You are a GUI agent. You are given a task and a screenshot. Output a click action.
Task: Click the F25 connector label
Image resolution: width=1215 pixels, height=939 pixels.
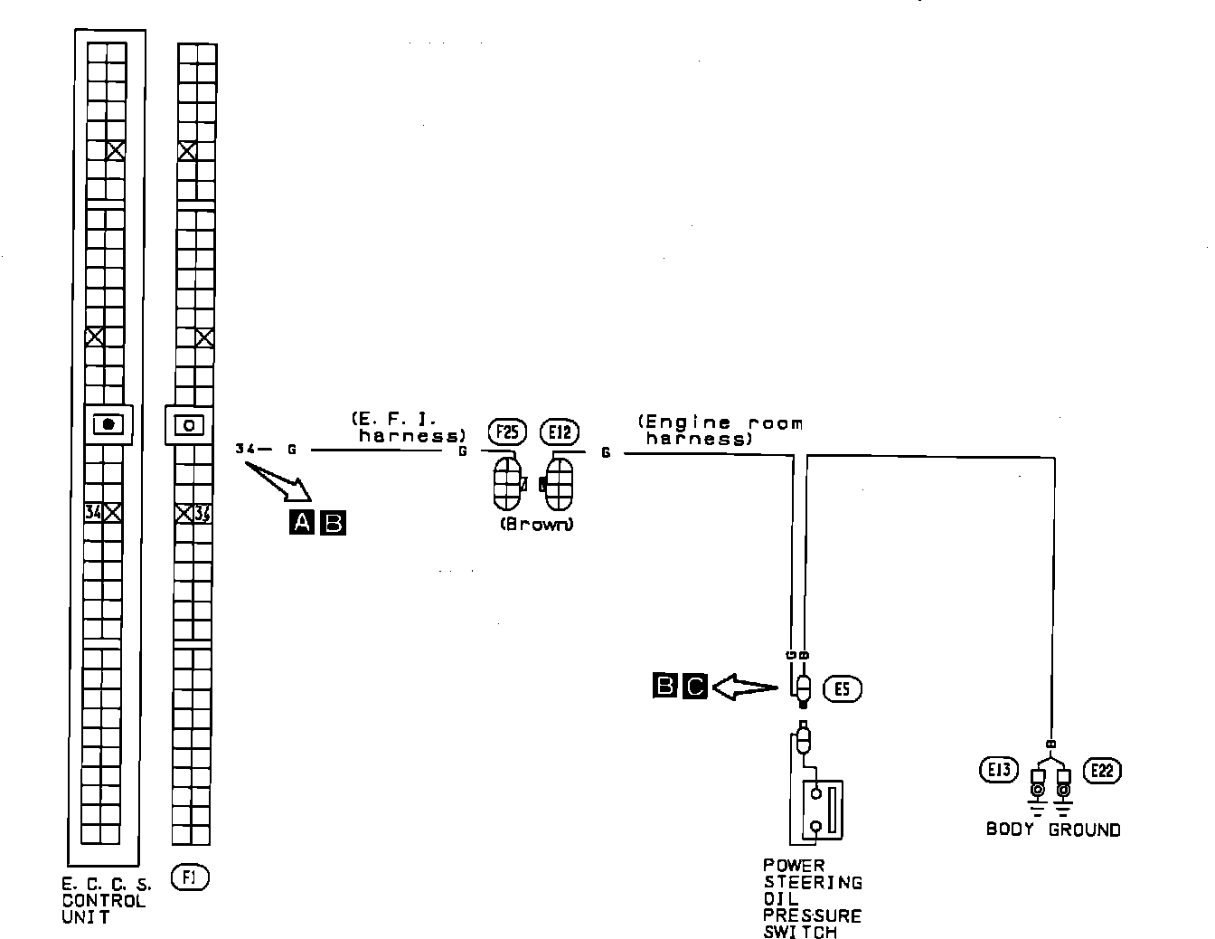[506, 432]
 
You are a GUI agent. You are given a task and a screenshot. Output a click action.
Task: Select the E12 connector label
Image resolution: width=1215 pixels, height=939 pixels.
[559, 432]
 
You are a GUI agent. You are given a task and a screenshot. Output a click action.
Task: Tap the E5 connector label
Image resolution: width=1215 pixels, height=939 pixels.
[843, 690]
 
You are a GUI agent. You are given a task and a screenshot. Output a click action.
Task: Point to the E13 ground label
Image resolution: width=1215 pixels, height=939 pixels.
[998, 771]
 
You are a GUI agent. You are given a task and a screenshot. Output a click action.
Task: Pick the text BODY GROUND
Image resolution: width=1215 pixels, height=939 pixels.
[1052, 830]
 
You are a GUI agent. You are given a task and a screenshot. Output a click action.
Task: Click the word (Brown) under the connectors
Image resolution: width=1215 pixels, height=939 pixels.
[535, 525]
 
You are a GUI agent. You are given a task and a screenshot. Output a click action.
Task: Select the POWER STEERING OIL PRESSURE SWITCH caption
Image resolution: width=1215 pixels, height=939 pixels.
[812, 899]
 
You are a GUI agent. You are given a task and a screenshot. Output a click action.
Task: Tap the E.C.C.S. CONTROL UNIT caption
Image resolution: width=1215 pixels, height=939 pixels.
[105, 901]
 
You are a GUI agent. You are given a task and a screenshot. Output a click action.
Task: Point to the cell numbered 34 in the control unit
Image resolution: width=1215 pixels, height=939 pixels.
[92, 513]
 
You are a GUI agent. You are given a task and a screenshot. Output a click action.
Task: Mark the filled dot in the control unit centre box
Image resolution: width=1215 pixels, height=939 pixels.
[109, 424]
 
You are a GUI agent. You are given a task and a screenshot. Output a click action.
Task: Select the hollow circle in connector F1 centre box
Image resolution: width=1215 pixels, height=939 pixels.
[189, 424]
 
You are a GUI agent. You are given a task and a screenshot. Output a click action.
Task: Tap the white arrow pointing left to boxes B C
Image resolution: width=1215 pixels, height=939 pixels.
[743, 688]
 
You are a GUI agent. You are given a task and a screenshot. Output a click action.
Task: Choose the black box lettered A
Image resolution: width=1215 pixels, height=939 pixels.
[301, 522]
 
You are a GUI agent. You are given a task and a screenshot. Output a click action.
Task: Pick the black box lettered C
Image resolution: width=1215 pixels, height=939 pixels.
[694, 688]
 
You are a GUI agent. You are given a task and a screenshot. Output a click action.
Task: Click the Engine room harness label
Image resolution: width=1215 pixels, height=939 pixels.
[720, 431]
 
